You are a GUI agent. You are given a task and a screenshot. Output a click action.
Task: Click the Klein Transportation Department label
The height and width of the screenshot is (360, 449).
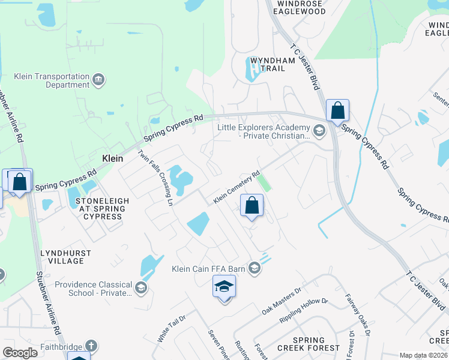52,81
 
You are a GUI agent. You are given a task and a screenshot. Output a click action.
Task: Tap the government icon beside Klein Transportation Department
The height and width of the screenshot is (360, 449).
98,79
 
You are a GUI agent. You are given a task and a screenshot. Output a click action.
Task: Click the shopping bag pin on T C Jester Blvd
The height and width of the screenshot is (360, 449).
337,111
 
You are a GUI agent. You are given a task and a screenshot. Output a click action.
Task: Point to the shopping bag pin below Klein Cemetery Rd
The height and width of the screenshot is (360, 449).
252,206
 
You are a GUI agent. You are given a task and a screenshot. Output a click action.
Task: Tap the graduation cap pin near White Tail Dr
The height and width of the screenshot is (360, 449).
224,287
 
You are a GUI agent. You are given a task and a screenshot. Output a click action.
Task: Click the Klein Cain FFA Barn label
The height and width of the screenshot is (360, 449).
208,269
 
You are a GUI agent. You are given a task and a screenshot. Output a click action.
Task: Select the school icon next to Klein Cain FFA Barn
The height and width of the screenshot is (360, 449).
255,268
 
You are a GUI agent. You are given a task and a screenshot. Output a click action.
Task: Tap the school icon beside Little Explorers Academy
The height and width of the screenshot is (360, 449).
319,129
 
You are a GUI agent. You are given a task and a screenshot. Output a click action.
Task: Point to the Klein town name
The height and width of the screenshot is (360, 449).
112,159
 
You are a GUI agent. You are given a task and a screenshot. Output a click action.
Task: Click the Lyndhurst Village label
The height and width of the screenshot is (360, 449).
62,257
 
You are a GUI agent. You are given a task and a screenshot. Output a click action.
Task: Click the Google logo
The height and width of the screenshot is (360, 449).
20,353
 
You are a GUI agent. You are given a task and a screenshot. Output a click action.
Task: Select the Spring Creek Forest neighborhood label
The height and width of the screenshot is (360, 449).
309,344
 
